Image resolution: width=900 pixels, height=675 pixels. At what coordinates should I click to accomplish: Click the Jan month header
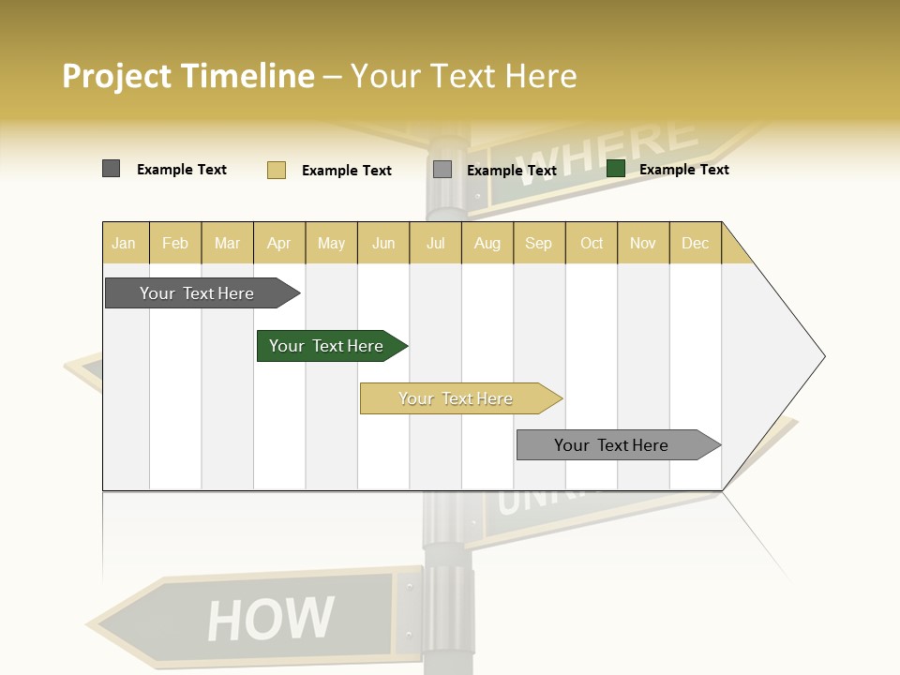pos(125,243)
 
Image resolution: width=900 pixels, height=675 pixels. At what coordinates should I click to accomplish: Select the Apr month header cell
pos(279,243)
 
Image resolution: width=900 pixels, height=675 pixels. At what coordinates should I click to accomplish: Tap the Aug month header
pos(487,243)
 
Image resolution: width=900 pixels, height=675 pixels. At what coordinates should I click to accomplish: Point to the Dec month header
pos(696,243)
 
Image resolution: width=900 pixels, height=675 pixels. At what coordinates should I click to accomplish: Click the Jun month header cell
pos(383,243)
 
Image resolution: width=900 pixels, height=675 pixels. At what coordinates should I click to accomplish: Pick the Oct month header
pos(592,243)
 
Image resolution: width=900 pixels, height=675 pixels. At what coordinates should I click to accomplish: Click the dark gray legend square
pos(112,169)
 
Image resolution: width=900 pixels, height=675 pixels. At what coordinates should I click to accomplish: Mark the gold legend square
pos(276,170)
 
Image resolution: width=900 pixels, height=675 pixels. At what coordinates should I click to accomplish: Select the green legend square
pos(616,169)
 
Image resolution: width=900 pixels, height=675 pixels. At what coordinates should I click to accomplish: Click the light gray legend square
pos(442,170)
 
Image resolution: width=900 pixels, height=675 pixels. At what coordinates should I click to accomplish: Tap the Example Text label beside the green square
pos(683,169)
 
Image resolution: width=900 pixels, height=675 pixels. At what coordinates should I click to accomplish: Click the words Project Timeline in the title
pos(188,75)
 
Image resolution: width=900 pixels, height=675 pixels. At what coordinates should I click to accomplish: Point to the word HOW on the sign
pos(270,620)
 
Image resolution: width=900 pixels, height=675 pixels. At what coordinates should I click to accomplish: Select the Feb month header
pos(175,243)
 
